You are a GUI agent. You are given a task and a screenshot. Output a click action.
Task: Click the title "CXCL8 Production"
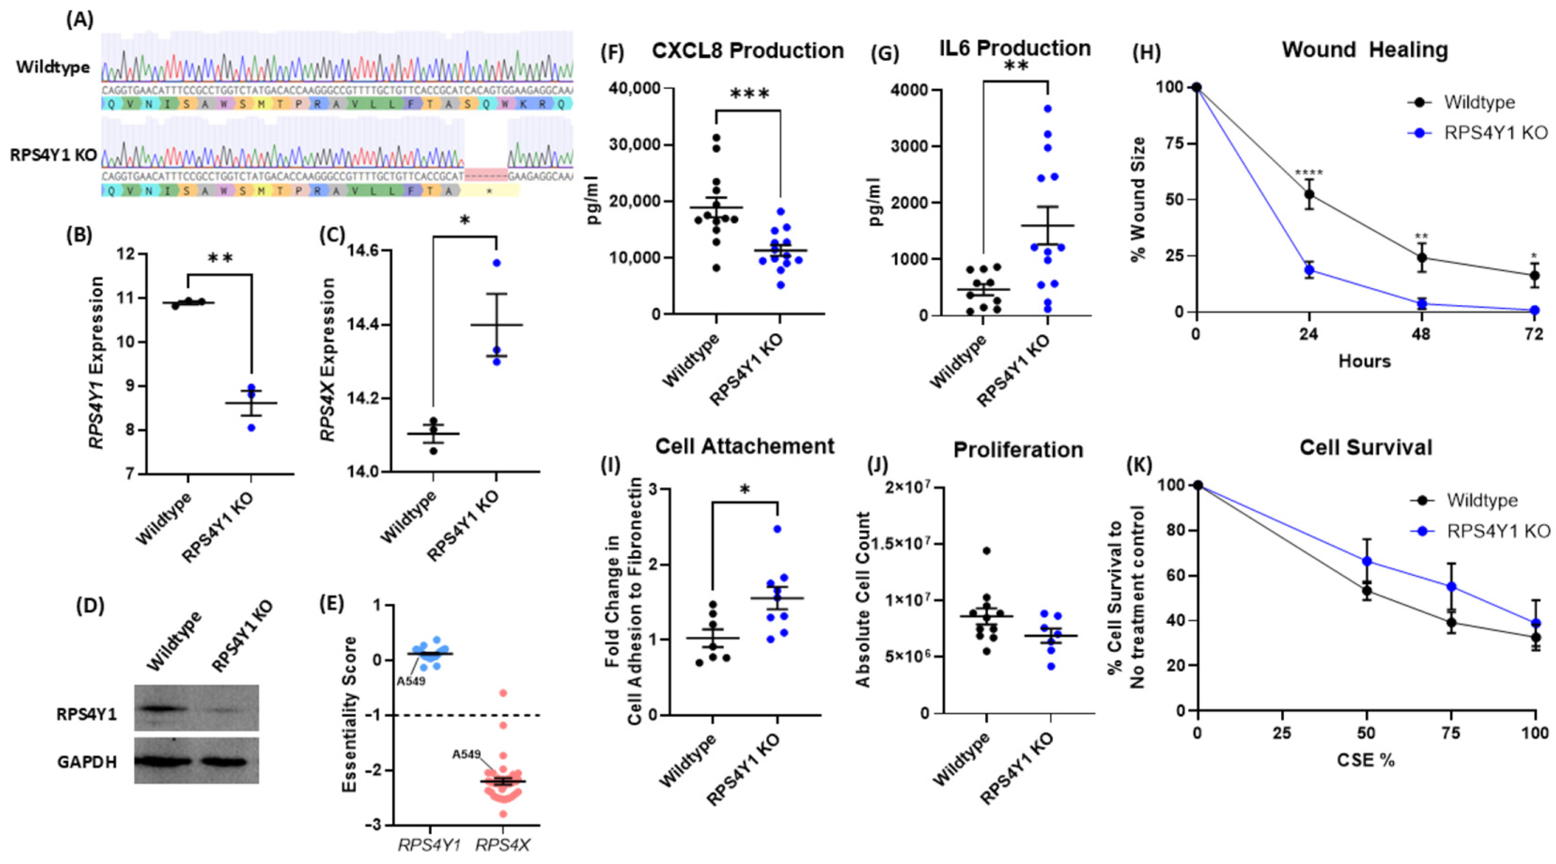click(747, 51)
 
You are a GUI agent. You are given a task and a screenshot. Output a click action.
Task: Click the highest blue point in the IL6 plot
click(1047, 109)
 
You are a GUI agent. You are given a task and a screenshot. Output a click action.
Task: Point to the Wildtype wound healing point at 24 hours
click(1309, 195)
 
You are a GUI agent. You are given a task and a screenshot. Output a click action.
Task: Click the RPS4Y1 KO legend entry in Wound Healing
click(1495, 132)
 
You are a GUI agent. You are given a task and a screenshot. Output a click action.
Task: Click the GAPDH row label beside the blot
click(87, 763)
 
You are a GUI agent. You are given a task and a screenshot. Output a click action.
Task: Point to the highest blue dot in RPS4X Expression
click(496, 263)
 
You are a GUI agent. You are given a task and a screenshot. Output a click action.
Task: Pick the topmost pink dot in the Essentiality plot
click(503, 693)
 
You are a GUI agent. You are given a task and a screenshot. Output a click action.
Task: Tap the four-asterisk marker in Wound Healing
click(1308, 174)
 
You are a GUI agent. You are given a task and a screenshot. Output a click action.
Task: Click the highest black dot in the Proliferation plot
click(986, 551)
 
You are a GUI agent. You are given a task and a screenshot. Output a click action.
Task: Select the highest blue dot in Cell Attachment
click(777, 529)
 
